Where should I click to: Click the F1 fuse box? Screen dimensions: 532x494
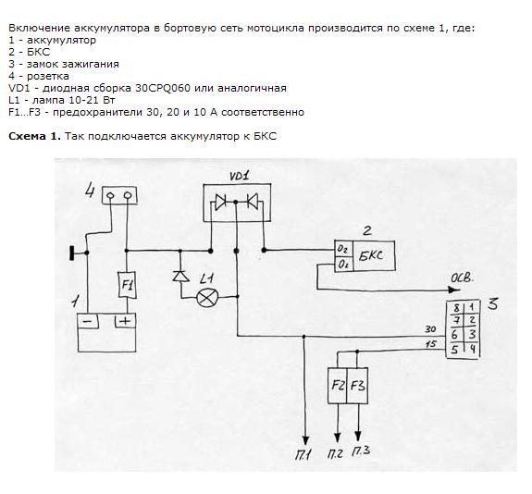127,285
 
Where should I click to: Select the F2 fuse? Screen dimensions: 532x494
338,386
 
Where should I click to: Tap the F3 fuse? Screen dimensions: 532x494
357,386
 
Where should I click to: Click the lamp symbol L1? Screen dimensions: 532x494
205,298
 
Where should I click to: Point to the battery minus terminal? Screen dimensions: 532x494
88,321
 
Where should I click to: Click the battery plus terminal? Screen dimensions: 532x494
125,321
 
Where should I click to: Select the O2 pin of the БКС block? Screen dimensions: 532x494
343,250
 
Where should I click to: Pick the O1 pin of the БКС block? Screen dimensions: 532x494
343,265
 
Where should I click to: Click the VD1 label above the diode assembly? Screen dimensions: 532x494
239,176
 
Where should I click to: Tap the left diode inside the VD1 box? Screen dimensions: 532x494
220,201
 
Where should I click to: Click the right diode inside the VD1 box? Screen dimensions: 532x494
253,201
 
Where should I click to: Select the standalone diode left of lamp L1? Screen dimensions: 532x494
180,276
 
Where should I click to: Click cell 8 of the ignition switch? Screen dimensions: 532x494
455,308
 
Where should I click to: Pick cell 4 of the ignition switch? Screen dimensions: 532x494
472,350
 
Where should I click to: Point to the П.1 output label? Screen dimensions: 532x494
303,454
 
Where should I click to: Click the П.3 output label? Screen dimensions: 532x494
361,451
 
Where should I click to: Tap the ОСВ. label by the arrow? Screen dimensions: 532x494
462,278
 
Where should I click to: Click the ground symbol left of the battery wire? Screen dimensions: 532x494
72,253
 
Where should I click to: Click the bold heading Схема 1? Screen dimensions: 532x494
34,136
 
